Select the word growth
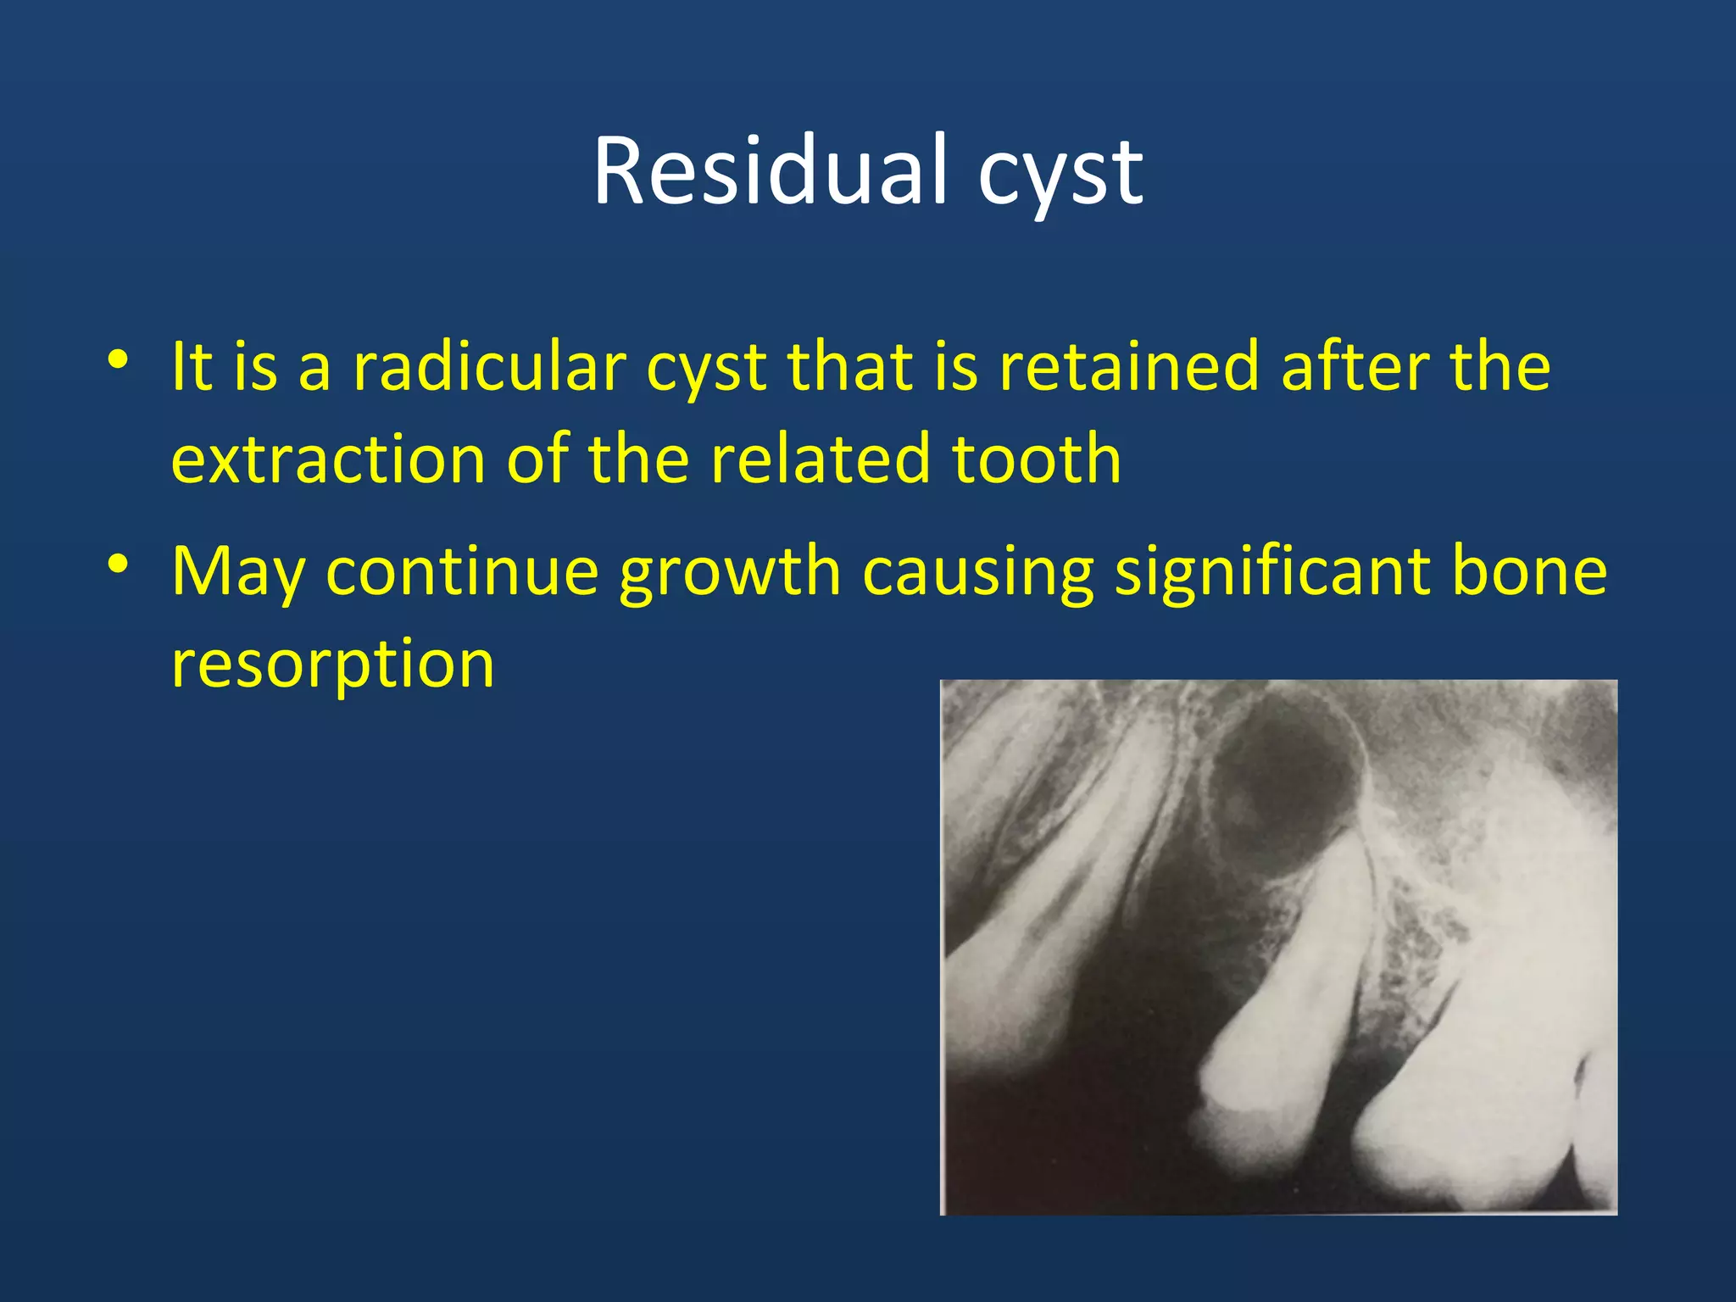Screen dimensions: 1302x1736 [730, 573]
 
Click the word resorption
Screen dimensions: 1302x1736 [332, 666]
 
